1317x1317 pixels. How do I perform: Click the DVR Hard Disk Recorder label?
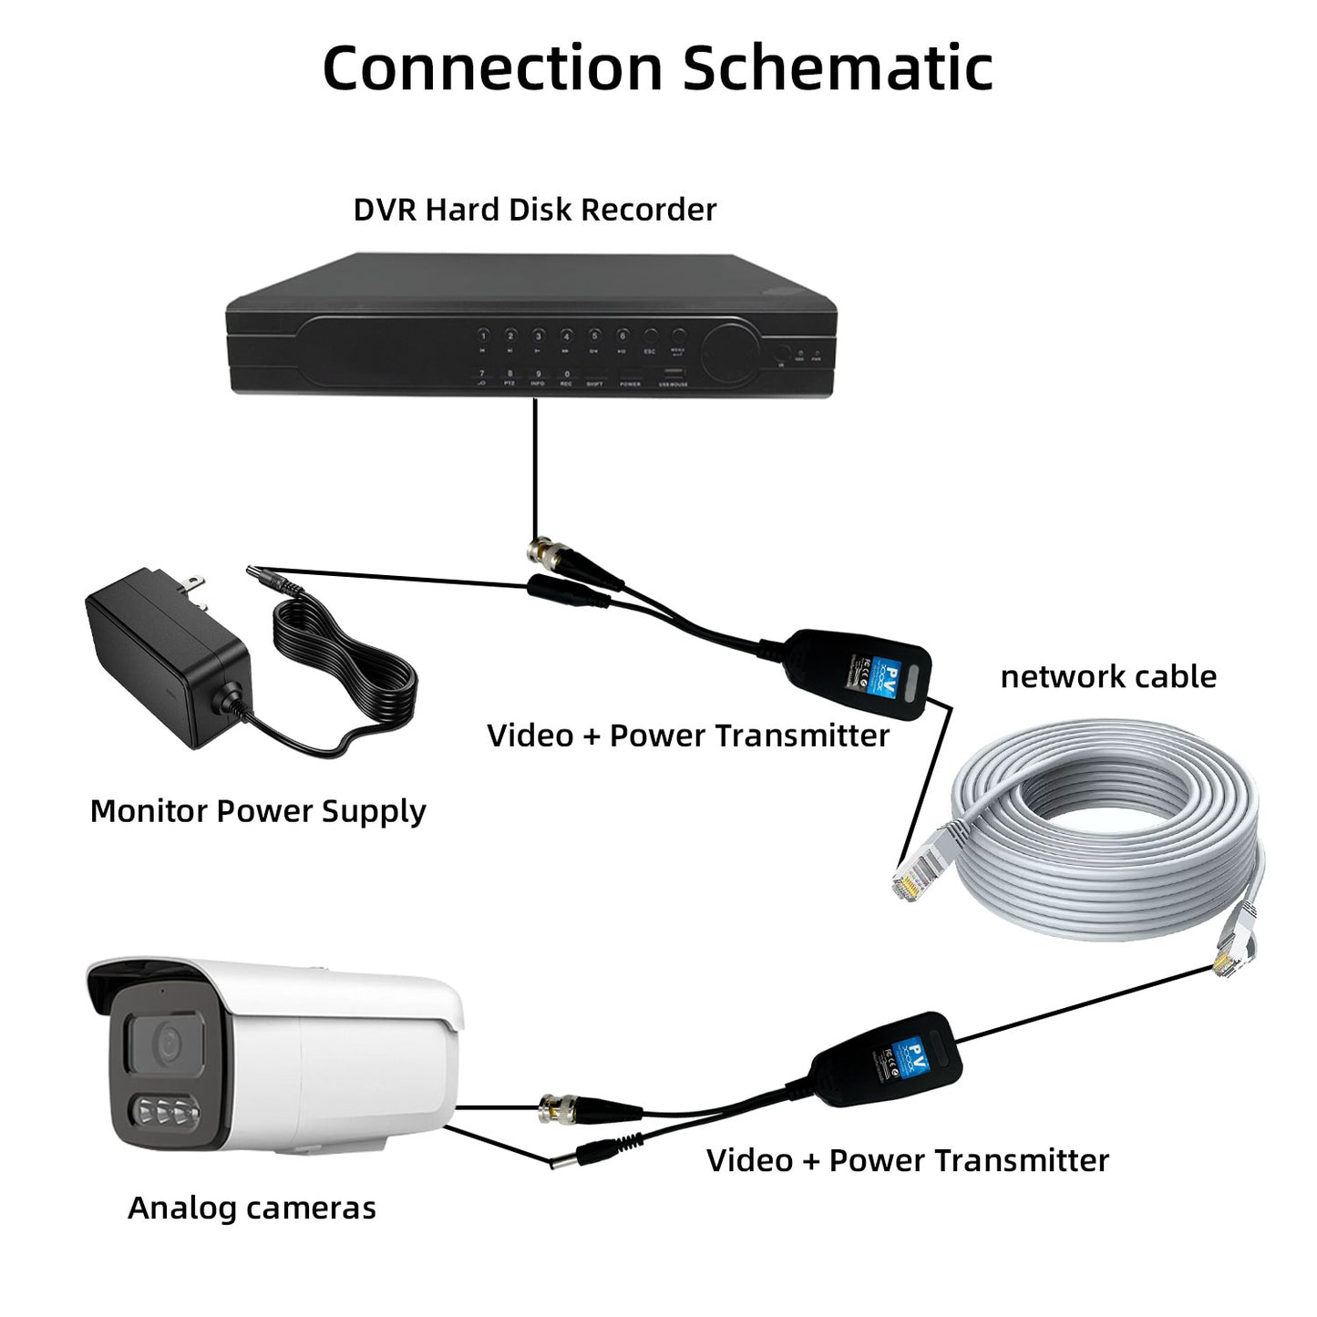tap(534, 210)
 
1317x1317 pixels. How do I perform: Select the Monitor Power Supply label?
tap(258, 811)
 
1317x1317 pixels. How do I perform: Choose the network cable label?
tap(1108, 677)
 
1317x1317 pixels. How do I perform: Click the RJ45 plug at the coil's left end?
tap(910, 877)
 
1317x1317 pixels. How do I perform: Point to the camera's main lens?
tap(167, 1042)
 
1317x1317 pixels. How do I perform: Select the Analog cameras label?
tap(252, 1209)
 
